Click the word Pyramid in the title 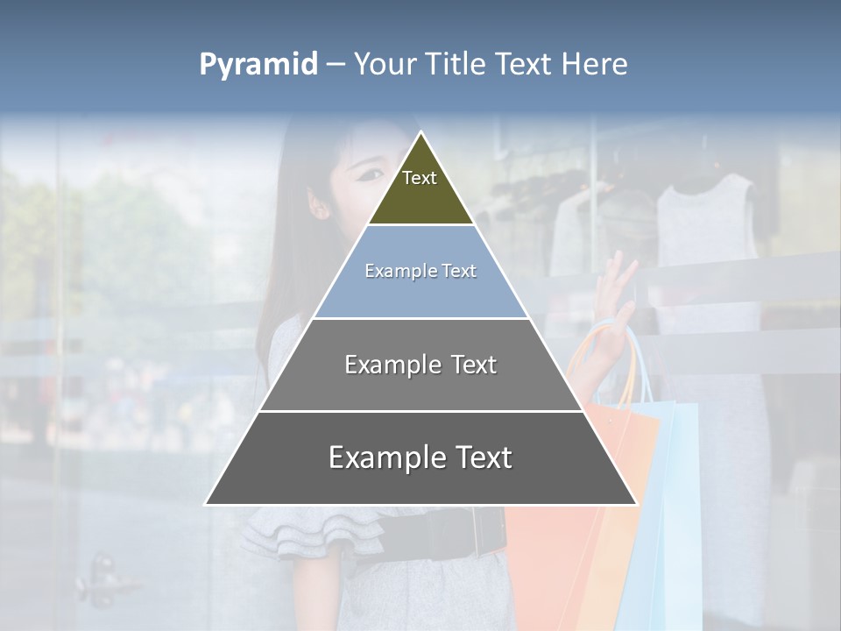[x=258, y=65]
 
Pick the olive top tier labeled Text [x=420, y=188]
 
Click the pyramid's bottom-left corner [x=207, y=504]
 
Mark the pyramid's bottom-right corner [x=635, y=504]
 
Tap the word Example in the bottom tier [x=383, y=457]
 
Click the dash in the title [x=336, y=65]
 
